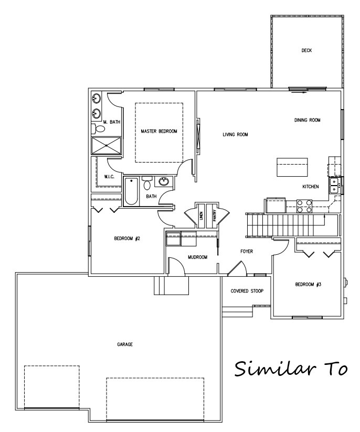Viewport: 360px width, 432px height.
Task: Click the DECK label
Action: coord(307,51)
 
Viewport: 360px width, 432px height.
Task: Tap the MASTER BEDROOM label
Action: coord(158,131)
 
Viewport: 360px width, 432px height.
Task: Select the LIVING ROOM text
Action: coord(235,135)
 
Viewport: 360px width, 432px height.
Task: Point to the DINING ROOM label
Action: coord(307,120)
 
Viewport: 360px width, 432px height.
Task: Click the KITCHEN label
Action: coord(311,187)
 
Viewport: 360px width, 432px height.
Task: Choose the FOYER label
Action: coord(247,252)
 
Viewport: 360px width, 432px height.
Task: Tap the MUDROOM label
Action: coord(198,257)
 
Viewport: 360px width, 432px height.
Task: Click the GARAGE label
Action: coord(124,344)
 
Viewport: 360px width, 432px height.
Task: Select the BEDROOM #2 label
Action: coord(126,239)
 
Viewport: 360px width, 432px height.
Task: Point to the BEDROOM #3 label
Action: coord(308,285)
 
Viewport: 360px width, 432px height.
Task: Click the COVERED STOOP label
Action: coord(247,291)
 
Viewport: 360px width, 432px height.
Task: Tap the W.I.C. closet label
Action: coord(110,177)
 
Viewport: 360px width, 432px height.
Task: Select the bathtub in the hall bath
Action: coord(131,192)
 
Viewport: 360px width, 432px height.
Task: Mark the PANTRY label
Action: coord(215,214)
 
